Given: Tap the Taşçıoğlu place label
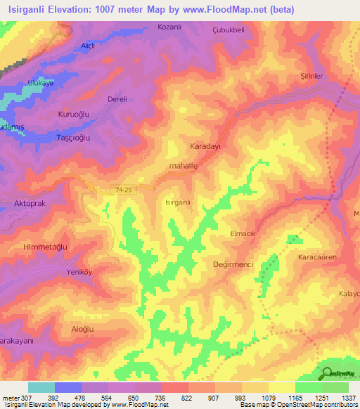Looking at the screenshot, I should point(73,138).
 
